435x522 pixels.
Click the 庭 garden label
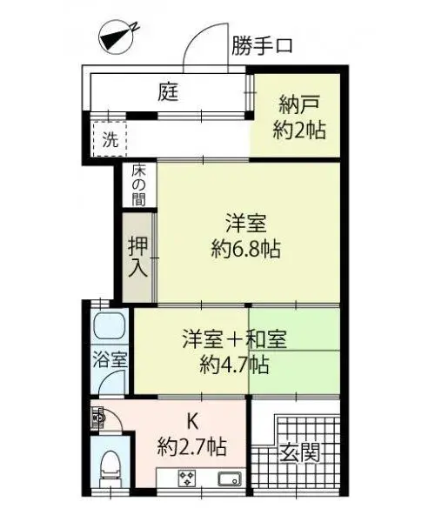(x=168, y=92)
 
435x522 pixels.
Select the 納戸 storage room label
(x=299, y=104)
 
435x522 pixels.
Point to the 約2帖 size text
(x=299, y=130)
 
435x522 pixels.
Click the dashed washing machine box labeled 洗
(x=110, y=139)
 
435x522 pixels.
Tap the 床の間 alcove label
(x=138, y=185)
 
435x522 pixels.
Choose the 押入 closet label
(x=138, y=257)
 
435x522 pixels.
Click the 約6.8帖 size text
(x=246, y=249)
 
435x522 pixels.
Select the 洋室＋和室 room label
(x=235, y=339)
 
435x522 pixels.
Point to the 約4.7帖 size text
(x=234, y=365)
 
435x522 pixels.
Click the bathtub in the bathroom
(x=110, y=325)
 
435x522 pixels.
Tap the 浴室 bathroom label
(x=110, y=359)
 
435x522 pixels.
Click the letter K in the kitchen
(x=192, y=421)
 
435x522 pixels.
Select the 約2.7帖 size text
(x=192, y=447)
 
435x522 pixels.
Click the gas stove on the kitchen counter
(x=187, y=478)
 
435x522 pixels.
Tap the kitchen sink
(x=230, y=479)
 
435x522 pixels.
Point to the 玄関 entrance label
(x=299, y=452)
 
